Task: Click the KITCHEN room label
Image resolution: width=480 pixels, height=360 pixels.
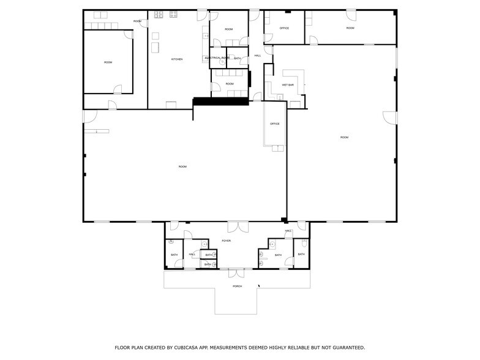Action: [177, 59]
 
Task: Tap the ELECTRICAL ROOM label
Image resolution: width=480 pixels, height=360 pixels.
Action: [217, 58]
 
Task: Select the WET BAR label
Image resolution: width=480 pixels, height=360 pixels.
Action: [288, 84]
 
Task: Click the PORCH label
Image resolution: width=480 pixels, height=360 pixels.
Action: [237, 286]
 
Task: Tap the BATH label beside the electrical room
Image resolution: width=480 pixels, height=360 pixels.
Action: [237, 58]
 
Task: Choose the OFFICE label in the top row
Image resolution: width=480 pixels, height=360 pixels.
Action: [284, 28]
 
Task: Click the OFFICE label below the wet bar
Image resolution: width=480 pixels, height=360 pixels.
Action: [275, 124]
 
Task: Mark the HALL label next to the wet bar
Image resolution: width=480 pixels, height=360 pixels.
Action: [258, 56]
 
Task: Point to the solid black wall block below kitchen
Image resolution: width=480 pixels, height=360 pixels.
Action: [221, 101]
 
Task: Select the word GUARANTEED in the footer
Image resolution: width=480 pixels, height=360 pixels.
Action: [343, 347]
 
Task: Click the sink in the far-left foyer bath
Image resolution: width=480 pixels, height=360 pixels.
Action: [171, 242]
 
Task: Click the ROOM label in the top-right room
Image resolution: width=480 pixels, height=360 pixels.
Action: [350, 28]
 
